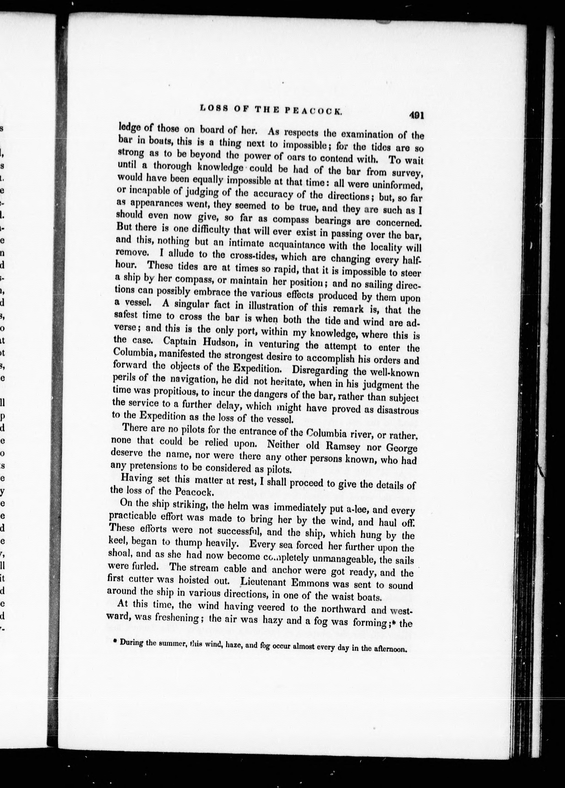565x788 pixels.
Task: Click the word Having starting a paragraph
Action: [x=136, y=479]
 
